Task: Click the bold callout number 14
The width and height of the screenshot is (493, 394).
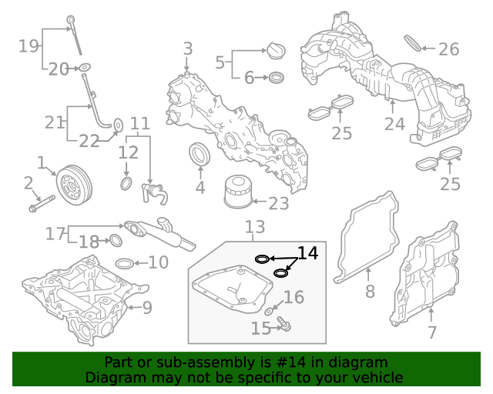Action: tap(307, 253)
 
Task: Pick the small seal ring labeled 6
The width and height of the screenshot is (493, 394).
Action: tap(276, 78)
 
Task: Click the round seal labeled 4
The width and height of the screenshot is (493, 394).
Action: tap(200, 155)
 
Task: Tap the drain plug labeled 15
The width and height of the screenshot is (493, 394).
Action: tap(283, 327)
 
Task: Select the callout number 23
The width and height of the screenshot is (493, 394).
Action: tap(278, 204)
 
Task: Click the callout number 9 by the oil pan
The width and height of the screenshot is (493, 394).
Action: tap(146, 309)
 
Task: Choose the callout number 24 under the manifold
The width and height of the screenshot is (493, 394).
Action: tap(394, 124)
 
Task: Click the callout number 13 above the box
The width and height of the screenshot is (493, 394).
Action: tap(254, 227)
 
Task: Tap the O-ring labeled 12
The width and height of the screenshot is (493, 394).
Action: tap(126, 185)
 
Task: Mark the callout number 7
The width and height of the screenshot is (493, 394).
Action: tap(431, 332)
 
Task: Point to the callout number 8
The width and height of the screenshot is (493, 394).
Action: tap(370, 292)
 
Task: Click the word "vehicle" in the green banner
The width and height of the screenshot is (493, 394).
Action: tap(377, 377)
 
